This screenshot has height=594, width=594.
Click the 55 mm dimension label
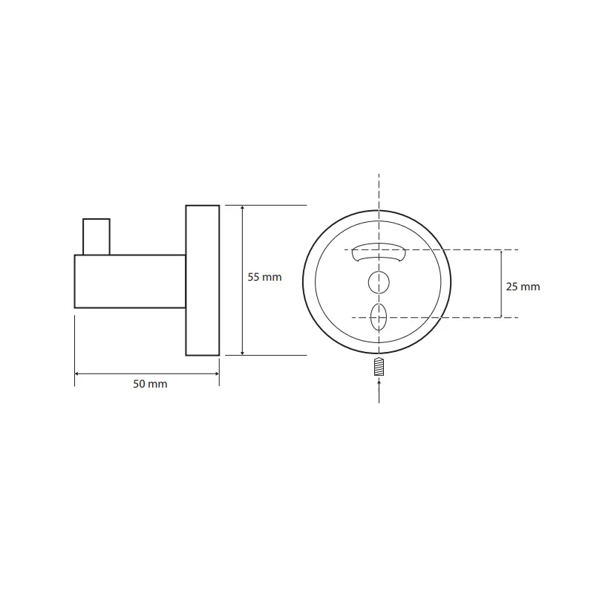point(264,277)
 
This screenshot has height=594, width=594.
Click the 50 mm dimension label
point(150,384)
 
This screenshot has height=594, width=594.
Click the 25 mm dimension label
point(523,287)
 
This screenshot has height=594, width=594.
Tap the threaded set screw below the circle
point(379,367)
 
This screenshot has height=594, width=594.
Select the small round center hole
point(379,282)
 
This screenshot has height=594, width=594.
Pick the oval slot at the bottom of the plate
point(379,317)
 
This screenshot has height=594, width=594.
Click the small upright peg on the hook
point(97,237)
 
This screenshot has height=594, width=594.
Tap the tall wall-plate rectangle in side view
point(203,281)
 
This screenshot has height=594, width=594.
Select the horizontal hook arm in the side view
point(130,281)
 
